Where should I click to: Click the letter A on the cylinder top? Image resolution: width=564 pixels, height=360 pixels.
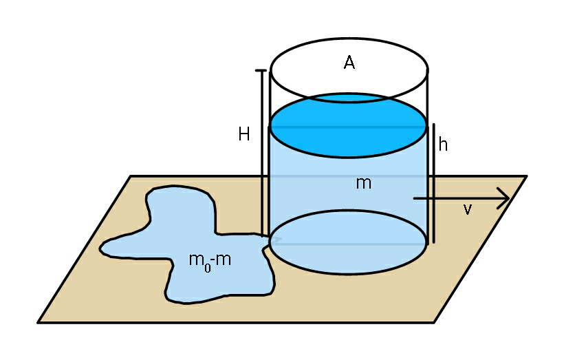click(349, 63)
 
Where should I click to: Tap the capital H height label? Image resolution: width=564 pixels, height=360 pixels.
click(244, 134)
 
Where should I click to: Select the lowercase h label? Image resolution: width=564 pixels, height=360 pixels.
click(443, 145)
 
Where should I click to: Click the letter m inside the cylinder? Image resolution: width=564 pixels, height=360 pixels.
click(363, 183)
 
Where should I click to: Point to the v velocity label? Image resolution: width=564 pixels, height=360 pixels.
click(467, 209)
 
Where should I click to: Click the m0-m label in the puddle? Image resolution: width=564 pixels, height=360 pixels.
click(210, 261)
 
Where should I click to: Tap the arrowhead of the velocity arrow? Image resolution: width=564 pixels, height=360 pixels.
click(503, 198)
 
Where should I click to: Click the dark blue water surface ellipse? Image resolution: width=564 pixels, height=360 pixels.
click(349, 125)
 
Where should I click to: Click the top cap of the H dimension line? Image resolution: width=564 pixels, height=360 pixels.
click(261, 71)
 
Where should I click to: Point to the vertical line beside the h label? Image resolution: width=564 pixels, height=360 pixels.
click(434, 183)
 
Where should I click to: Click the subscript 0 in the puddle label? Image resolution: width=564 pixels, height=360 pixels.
click(208, 268)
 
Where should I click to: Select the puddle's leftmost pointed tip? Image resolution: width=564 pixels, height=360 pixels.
click(100, 248)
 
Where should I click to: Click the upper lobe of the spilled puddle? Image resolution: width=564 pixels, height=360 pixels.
click(181, 209)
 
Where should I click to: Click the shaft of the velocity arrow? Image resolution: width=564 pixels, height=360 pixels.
click(457, 198)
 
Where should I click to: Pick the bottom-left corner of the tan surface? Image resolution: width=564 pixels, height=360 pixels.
click(38, 322)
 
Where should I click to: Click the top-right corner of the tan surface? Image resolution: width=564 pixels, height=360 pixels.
click(527, 176)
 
